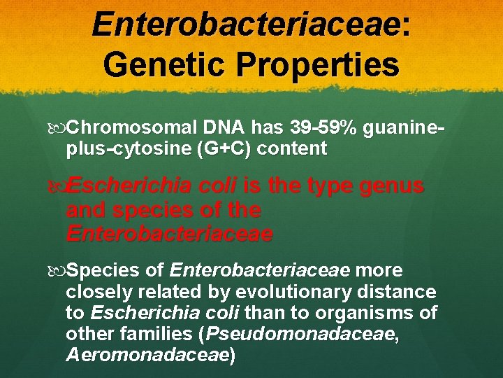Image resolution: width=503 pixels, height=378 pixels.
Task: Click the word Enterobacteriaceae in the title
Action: click(x=246, y=24)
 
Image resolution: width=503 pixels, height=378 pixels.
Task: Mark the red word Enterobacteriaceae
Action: click(x=169, y=233)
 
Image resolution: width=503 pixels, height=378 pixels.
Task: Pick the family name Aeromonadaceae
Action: click(x=147, y=356)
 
